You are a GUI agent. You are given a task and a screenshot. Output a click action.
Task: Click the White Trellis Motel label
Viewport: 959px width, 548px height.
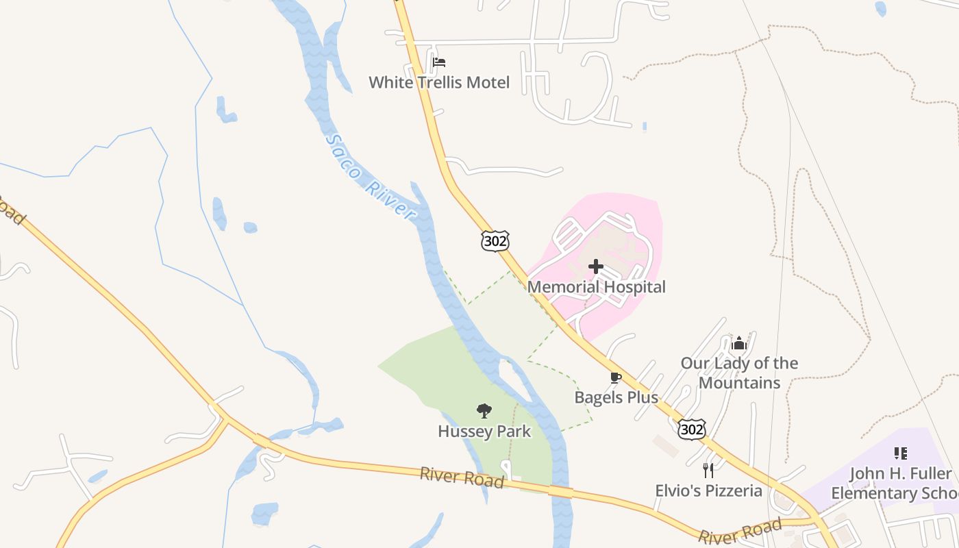point(439,83)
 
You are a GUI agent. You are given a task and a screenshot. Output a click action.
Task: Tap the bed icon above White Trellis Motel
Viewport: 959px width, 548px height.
point(439,62)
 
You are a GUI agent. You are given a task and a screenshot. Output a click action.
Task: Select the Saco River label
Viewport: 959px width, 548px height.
point(370,177)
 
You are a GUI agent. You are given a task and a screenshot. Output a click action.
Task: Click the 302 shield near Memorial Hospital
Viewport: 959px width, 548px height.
point(495,240)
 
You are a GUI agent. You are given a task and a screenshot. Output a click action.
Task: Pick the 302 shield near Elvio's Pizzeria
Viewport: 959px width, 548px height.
point(691,429)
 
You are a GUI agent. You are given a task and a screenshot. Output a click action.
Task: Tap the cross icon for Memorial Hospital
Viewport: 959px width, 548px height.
point(596,266)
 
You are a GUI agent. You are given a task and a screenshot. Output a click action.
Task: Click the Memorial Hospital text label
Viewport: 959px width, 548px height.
point(596,287)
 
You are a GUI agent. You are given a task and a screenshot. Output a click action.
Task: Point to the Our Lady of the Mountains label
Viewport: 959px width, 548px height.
point(739,373)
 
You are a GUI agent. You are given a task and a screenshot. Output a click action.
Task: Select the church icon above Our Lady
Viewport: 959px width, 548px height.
point(738,342)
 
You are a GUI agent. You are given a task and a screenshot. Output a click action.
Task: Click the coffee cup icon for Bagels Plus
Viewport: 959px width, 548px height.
point(615,377)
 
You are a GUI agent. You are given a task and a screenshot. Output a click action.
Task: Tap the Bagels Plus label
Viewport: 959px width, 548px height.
point(616,397)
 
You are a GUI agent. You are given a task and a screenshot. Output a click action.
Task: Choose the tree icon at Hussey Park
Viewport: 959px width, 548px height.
point(484,411)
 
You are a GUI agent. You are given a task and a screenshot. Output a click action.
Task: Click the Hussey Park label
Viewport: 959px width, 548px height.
point(484,432)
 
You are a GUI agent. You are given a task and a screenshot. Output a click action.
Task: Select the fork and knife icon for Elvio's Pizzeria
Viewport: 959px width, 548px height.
point(708,471)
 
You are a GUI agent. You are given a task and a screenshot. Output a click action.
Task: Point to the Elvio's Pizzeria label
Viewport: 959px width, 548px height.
point(708,490)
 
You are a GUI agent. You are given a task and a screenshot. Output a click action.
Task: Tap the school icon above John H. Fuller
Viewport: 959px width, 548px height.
point(901,453)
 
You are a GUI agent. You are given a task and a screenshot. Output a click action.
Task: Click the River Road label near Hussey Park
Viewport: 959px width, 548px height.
point(462,477)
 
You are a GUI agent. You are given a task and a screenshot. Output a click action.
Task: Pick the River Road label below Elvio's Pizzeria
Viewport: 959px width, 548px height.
point(740,532)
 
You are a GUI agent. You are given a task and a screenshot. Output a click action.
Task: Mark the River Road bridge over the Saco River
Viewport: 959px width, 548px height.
point(560,492)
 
